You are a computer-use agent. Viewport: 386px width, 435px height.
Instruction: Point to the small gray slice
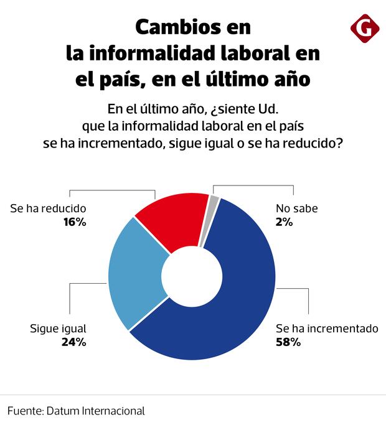214,203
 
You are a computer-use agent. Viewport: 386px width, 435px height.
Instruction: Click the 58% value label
288,342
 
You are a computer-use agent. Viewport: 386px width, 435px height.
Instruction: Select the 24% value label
74,342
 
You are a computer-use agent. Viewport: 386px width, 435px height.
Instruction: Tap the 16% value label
74,222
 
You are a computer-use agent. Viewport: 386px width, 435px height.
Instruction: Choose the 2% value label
285,222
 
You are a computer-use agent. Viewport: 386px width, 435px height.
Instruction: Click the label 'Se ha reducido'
48,208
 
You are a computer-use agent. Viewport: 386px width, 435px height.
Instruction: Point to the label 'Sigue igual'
58,329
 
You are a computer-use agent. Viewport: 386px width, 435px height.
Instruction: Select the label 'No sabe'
296,208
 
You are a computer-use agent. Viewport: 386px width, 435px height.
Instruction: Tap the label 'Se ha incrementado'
327,329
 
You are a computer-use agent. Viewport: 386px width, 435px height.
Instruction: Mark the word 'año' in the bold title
293,80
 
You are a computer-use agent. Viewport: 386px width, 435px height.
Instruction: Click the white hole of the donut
192,274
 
